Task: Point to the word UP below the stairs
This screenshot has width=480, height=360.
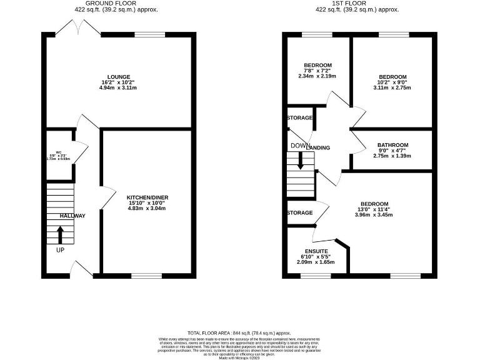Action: [60, 250]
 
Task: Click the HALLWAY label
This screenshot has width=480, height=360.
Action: [72, 216]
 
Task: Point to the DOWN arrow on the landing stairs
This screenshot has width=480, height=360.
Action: [301, 162]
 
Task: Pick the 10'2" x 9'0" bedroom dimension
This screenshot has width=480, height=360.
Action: [392, 81]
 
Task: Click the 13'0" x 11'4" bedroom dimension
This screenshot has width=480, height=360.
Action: [374, 211]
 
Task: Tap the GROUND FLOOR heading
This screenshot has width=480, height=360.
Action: [119, 3]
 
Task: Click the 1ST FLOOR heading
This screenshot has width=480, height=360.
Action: [357, 3]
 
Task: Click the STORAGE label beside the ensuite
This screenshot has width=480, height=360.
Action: [299, 213]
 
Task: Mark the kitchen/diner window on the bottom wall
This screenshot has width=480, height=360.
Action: [147, 275]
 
